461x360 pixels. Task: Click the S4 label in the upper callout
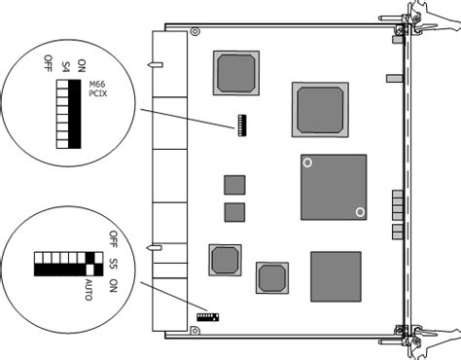pos(65,65)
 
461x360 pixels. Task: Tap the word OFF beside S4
pos(48,64)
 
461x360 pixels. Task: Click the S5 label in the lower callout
pos(114,263)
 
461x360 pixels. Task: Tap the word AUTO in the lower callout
pos(89,288)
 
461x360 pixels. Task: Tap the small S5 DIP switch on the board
pos(207,315)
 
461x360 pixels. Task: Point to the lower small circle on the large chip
pos(360,212)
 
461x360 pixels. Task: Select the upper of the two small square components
pos(234,185)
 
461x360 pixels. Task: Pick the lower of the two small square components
pos(234,212)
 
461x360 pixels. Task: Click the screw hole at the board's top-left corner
pos(195,32)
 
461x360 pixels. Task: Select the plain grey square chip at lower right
pos(336,276)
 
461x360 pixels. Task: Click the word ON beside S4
pos(82,65)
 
